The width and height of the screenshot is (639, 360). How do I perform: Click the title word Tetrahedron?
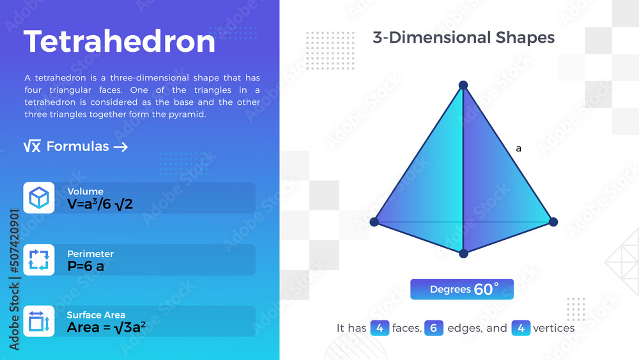[x=119, y=42]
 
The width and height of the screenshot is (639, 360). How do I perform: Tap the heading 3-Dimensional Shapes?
[x=463, y=38]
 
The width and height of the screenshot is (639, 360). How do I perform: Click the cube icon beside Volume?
[x=39, y=198]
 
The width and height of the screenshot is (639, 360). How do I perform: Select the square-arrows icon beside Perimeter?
[x=39, y=260]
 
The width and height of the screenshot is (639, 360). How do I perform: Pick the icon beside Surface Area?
[x=39, y=321]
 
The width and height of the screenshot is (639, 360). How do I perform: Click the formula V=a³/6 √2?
[x=100, y=204]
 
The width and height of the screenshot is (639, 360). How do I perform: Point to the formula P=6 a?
[x=86, y=266]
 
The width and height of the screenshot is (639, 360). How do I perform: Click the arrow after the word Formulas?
[x=121, y=147]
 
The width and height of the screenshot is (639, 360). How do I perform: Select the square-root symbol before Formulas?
[x=32, y=147]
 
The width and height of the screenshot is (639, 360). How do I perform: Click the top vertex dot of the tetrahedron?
[x=463, y=85]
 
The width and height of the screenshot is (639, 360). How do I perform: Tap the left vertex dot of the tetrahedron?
[x=374, y=222]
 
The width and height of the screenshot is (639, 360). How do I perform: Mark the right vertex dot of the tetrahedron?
[x=553, y=222]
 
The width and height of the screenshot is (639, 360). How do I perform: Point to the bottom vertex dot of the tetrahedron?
[x=463, y=254]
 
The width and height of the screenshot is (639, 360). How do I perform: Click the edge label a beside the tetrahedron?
[x=519, y=149]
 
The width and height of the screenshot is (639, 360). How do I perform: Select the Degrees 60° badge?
[x=461, y=289]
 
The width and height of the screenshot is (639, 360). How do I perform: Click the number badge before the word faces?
[x=380, y=328]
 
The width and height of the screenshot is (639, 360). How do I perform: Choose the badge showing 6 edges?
[x=433, y=328]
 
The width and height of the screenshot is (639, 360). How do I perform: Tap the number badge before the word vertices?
[x=521, y=328]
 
